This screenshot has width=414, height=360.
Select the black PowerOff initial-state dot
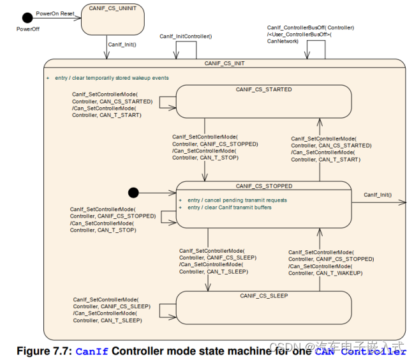tap(27, 17)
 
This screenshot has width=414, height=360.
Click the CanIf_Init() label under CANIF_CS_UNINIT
tap(122, 45)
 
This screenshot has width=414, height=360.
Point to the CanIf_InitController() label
tap(186, 36)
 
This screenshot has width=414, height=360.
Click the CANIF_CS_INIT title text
tap(225, 63)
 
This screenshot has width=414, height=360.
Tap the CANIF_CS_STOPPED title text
tap(264, 186)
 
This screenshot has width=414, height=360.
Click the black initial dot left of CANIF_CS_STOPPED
tap(133, 193)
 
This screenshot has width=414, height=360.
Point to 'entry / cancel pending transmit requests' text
tap(237, 200)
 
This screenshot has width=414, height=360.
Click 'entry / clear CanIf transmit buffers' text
tap(230, 207)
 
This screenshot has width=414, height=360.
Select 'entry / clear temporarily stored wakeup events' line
tap(112, 78)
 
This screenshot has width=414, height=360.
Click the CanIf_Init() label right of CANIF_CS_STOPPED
tap(378, 195)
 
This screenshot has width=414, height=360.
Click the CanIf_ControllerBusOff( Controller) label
tap(311, 27)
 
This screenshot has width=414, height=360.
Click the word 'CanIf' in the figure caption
tap(91, 351)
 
